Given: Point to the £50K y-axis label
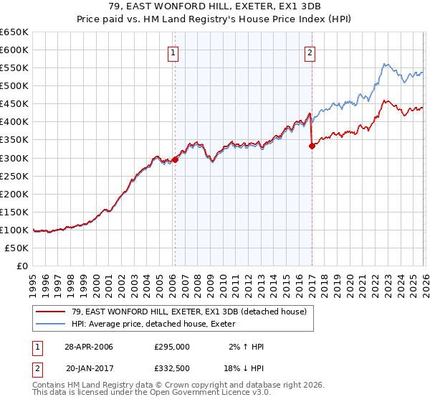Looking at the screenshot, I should tap(17, 248).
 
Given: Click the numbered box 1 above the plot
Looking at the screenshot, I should tap(174, 52).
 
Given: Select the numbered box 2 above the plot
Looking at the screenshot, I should tap(310, 52).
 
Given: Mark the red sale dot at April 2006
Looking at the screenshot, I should tap(176, 160).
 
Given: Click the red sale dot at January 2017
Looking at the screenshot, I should tap(312, 146).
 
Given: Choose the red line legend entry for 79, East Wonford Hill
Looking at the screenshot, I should tap(189, 312).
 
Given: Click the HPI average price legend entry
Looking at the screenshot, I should tap(158, 324).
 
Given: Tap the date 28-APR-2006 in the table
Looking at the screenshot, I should tap(89, 347).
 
